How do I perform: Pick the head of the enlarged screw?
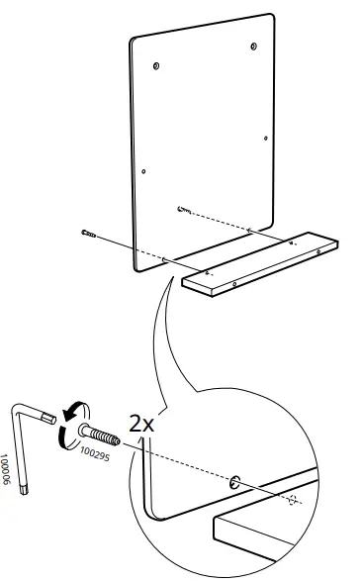tap(77, 432)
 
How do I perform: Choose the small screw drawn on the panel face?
tap(184, 210)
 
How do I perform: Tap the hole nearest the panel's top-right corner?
tap(254, 47)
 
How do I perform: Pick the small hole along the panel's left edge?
tap(143, 171)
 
